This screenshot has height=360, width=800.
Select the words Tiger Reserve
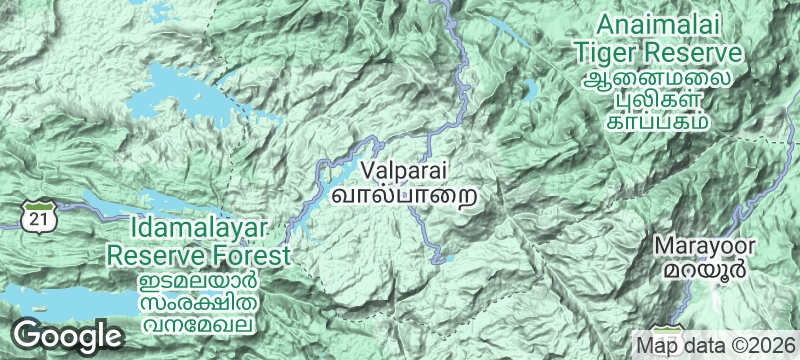tap(656, 51)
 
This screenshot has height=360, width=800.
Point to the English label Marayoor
tap(706, 246)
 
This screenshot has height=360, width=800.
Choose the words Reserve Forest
tap(199, 256)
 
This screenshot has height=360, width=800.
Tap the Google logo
tap(68, 336)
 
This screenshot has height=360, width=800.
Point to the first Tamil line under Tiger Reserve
tap(657, 77)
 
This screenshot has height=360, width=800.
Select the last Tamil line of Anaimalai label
tap(657, 121)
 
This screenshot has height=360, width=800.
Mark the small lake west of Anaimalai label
tap(529, 91)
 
